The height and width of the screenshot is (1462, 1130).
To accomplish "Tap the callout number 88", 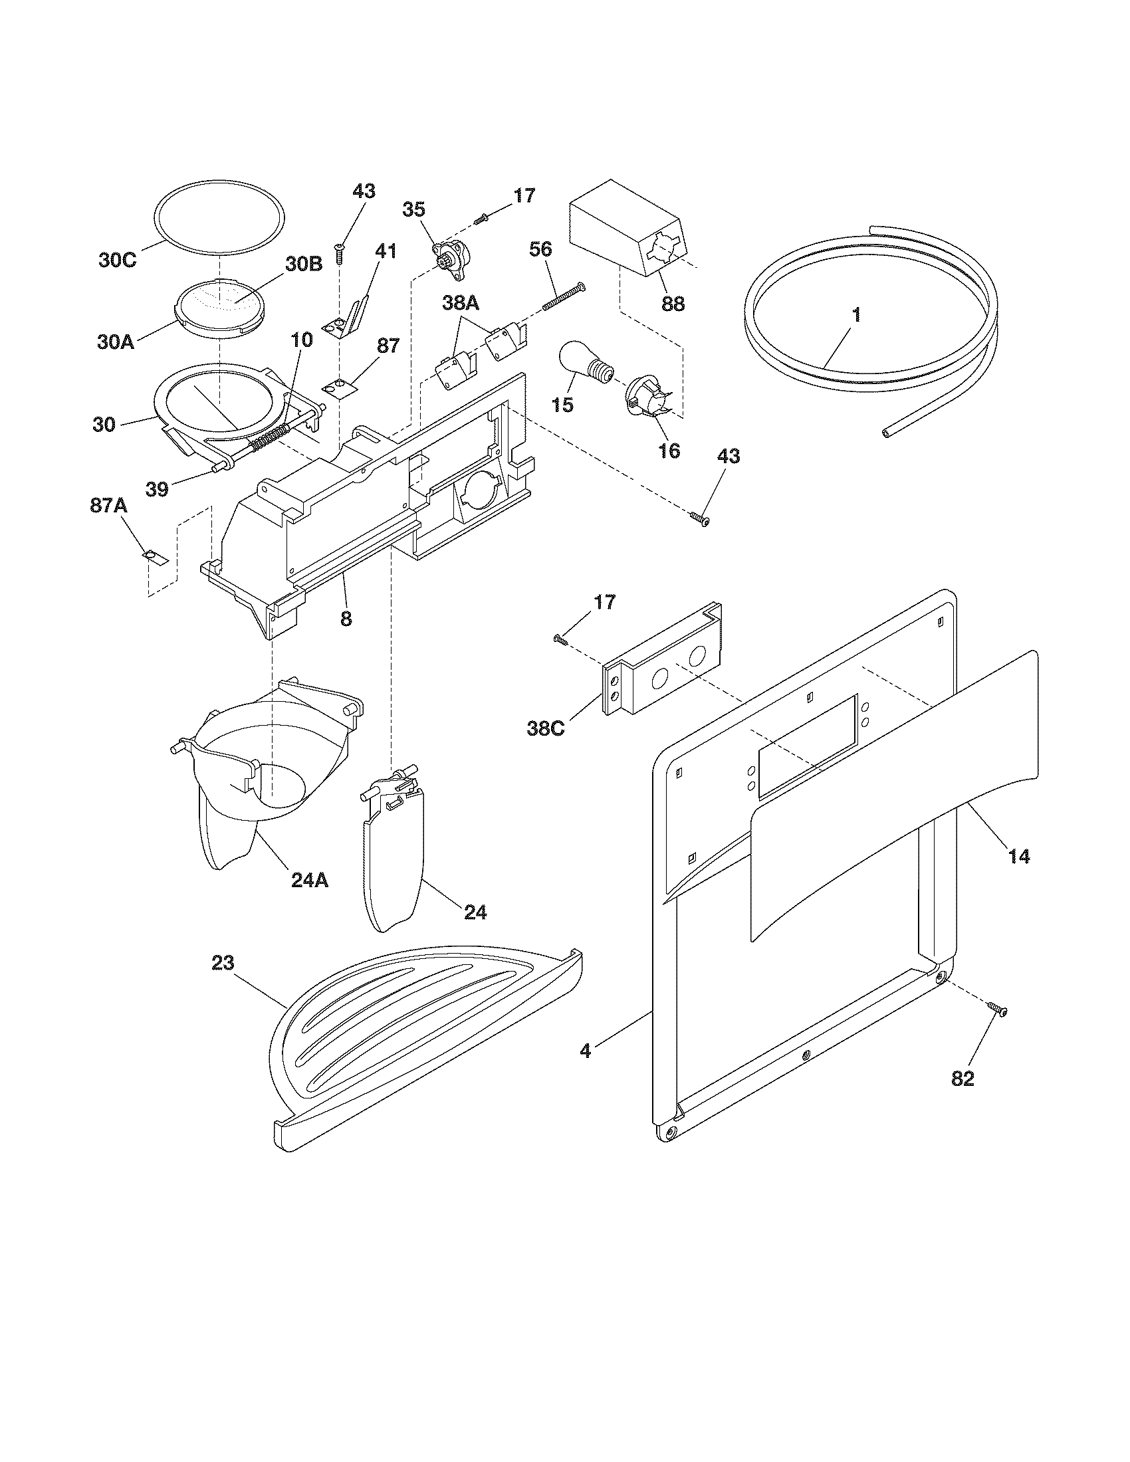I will click(x=673, y=303).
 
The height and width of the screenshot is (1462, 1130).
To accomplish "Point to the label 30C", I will click(x=118, y=260).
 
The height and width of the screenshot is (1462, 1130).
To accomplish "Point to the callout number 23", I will click(x=223, y=963).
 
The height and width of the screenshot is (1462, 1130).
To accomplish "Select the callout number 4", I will click(x=586, y=1051).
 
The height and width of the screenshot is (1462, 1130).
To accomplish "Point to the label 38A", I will click(x=461, y=302).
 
